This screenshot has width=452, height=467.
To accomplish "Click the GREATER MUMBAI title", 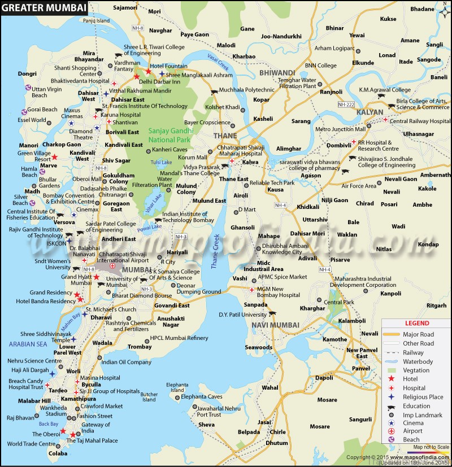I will [44, 8].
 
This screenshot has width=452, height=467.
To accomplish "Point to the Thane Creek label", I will [216, 251].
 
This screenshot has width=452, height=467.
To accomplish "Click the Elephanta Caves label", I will [202, 397].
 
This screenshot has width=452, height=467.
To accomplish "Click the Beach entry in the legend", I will [411, 439].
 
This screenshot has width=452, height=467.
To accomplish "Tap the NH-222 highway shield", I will [345, 105].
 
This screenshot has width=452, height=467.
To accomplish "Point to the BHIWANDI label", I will [277, 73].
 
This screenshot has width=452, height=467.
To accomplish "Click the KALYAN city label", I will [370, 112].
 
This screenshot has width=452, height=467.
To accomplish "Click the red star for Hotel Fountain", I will [148, 72].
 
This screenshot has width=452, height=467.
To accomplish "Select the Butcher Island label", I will [149, 397].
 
